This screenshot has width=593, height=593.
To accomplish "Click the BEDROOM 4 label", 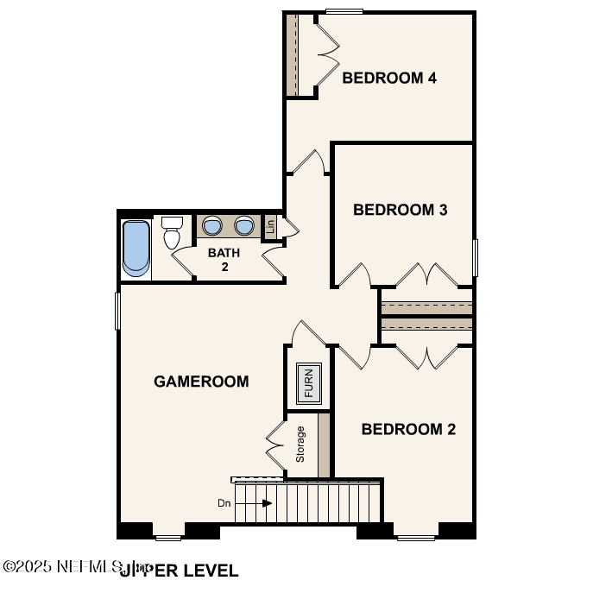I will pyautogui.click(x=389, y=79).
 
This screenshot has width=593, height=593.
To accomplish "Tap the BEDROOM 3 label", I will pyautogui.click(x=400, y=210).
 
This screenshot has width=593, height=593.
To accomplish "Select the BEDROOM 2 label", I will pyautogui.click(x=407, y=429).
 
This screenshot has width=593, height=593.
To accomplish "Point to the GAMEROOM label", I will pyautogui.click(x=201, y=381).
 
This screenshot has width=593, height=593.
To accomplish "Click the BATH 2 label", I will pyautogui.click(x=224, y=260).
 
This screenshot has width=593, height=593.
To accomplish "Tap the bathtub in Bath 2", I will pyautogui.click(x=136, y=248).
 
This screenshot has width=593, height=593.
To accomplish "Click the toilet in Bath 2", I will pyautogui.click(x=173, y=232).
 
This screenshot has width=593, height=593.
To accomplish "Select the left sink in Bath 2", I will pyautogui.click(x=212, y=226).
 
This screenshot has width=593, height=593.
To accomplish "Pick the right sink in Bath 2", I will pyautogui.click(x=244, y=226).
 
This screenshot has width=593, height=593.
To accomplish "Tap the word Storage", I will pyautogui.click(x=300, y=444).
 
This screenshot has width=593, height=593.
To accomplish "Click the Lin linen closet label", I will pyautogui.click(x=270, y=227).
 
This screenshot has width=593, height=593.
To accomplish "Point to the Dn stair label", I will pyautogui.click(x=224, y=502).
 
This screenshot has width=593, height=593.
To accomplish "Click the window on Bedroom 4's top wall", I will pyautogui.click(x=344, y=11).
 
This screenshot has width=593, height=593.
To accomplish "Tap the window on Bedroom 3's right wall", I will pyautogui.click(x=474, y=257).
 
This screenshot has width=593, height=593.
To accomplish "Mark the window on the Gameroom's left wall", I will pyautogui.click(x=117, y=310).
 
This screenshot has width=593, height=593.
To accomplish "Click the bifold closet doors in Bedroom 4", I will pyautogui.click(x=325, y=54).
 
